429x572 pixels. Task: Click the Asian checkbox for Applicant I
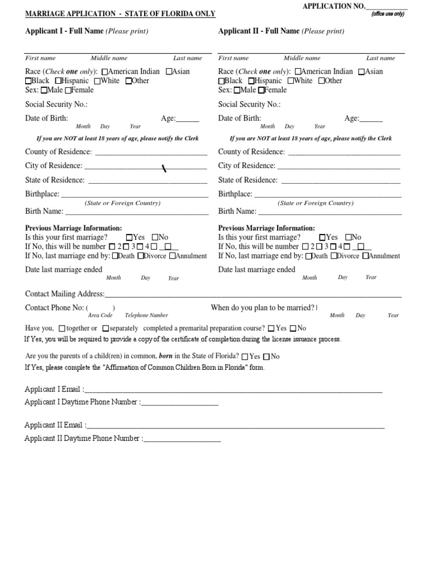[x=170, y=71]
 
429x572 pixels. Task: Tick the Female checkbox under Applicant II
[x=261, y=90]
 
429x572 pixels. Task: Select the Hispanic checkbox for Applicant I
[x=58, y=81]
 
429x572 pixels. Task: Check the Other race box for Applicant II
[x=321, y=81]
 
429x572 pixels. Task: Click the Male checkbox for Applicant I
[x=44, y=90]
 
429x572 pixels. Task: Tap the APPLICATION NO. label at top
[x=333, y=6]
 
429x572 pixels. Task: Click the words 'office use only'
[x=388, y=14]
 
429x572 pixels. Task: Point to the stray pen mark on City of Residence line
[x=164, y=168]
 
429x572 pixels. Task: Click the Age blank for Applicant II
[x=371, y=119]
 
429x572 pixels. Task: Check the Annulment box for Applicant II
[x=365, y=256]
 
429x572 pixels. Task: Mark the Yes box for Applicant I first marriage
[x=130, y=237]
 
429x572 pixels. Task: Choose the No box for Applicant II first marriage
[x=349, y=237]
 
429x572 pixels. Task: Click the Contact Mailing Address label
[x=65, y=294]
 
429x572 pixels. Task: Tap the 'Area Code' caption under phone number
[x=101, y=316]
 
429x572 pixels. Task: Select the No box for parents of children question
[x=266, y=356]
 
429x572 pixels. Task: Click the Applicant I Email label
[x=54, y=389]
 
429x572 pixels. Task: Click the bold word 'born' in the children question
[x=165, y=356]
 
